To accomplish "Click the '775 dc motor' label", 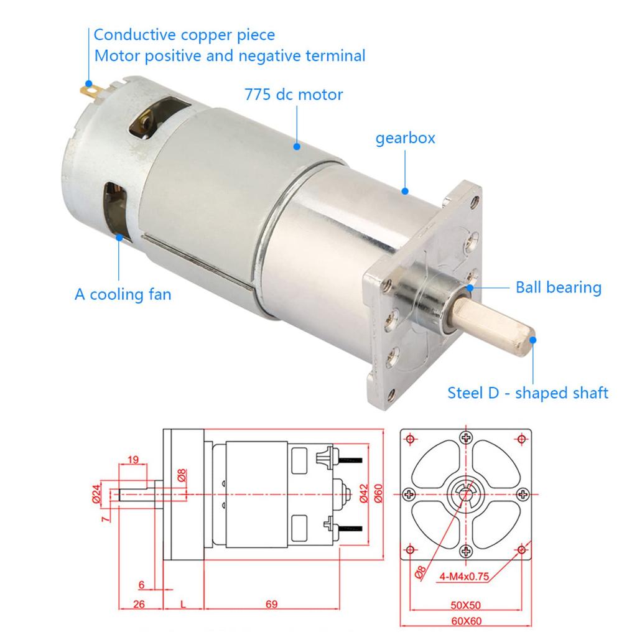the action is [294, 95].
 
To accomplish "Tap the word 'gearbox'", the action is [405, 139].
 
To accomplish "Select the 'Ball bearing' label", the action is [559, 287].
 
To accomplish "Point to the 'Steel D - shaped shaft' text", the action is [528, 393].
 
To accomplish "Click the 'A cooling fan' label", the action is [123, 294].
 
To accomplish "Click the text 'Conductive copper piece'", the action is [184, 35].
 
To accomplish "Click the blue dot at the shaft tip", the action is [532, 340].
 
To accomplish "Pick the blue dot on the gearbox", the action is [404, 191].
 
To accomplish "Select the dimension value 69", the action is [271, 604].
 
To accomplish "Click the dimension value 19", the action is [133, 460].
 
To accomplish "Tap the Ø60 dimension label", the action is [378, 493].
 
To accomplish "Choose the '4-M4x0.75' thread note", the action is [464, 577].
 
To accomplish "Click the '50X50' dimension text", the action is [465, 605].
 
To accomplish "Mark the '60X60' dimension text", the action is [466, 621].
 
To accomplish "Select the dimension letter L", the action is [184, 605].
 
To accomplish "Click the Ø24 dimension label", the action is [96, 494].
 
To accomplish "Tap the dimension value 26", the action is [139, 604].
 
